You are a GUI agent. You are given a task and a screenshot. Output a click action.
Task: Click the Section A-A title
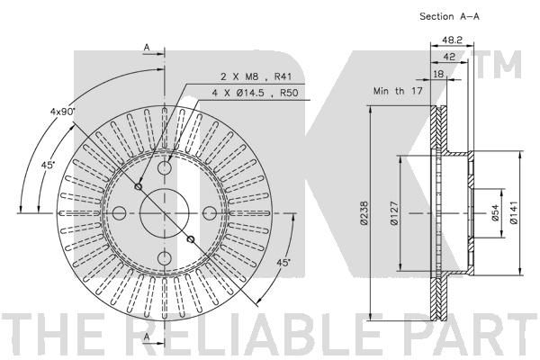coord(449,16)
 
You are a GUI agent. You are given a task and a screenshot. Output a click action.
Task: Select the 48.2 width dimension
coord(452,40)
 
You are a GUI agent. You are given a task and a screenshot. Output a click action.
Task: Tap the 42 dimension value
coord(449,57)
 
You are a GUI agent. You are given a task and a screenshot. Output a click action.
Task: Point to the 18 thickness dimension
coord(438,74)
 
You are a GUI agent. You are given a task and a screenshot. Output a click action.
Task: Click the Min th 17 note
coord(398,91)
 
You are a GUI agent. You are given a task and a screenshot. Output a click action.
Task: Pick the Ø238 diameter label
coord(364,213)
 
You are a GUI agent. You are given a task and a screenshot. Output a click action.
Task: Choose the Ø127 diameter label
coord(395,213)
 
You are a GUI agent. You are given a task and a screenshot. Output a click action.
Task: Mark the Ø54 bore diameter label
coord(495,213)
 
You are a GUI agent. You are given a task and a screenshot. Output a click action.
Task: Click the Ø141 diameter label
coord(514,213)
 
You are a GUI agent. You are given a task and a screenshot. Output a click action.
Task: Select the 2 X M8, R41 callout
coord(256,76)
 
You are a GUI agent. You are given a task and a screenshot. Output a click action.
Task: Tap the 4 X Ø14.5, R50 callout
coord(255,93)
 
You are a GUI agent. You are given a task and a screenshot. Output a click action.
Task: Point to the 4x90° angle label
coord(62,111)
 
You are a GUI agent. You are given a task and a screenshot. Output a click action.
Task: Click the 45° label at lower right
coord(283,262)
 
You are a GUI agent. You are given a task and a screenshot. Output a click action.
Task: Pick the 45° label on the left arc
coord(49,165)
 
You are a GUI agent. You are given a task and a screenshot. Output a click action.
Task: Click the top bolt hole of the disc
coord(165,168)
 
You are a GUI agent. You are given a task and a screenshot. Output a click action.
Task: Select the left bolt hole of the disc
coord(120,213)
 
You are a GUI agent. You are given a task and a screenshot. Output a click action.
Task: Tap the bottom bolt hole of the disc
coord(165,258)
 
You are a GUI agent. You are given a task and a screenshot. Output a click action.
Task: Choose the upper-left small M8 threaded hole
coord(139,186)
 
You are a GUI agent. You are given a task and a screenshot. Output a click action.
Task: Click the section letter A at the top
coord(147,48)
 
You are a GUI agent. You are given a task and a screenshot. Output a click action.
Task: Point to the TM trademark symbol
coord(499,65)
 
